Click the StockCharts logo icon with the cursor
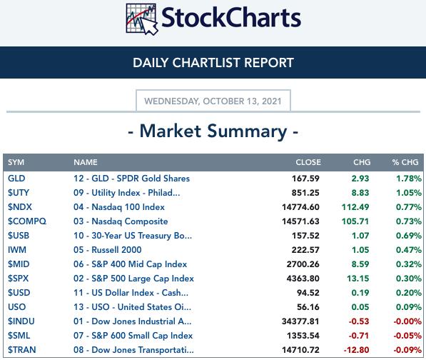click(142, 19)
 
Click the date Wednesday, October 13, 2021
click(213, 101)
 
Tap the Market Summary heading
click(213, 131)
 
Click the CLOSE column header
click(308, 162)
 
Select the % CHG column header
click(405, 162)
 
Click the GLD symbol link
click(16, 179)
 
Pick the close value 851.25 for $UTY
click(305, 193)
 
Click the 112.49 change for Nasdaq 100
click(355, 207)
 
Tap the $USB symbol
click(19, 236)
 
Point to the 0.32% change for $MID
click(409, 264)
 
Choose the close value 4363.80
click(303, 279)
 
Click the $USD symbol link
click(19, 293)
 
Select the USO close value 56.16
click(308, 307)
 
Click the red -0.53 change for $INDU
click(359, 321)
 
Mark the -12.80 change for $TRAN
click(357, 350)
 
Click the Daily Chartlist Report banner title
click(213, 63)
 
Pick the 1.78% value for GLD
click(409, 179)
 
